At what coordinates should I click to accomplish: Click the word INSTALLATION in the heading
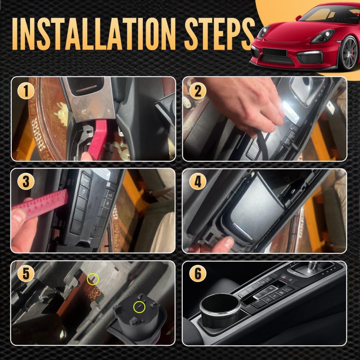click(93, 34)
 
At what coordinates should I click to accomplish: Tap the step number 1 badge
click(26, 91)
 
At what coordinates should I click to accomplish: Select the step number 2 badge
click(198, 91)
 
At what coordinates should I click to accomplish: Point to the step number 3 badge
click(26, 182)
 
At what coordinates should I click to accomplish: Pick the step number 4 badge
click(198, 182)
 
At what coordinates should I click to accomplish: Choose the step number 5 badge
click(26, 274)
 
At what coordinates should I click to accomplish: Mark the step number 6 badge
click(198, 274)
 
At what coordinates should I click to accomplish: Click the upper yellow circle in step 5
click(93, 279)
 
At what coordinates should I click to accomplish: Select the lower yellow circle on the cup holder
click(139, 307)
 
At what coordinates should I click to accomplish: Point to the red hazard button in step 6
click(284, 277)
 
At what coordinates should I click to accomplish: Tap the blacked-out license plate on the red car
click(274, 52)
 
